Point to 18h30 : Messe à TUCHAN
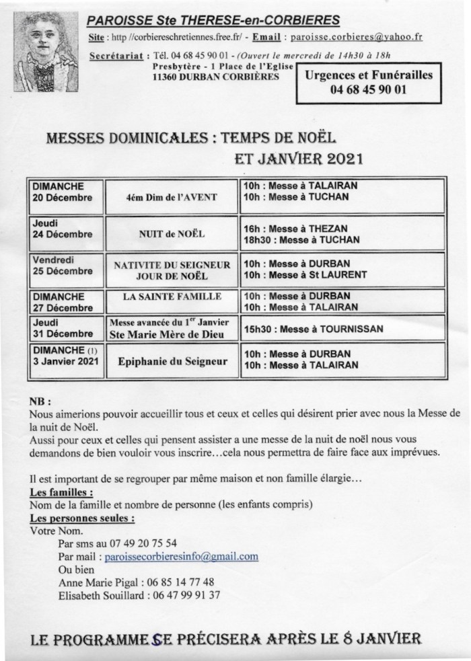[x=301, y=239]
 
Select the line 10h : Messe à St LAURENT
[x=305, y=274]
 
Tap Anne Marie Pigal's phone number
[x=182, y=582]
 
